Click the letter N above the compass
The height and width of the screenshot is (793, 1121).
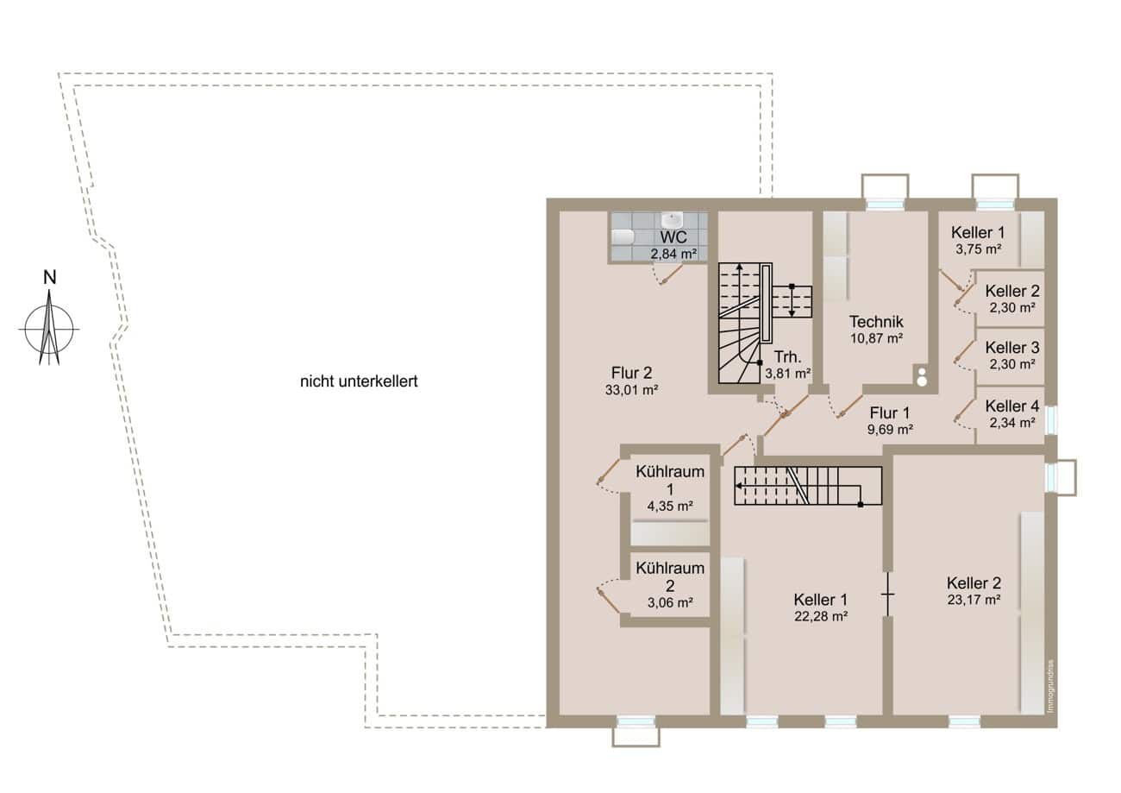click(49, 277)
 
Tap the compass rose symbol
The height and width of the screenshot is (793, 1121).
click(49, 329)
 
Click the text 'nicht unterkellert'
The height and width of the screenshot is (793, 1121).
click(359, 381)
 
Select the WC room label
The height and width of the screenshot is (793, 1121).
click(673, 236)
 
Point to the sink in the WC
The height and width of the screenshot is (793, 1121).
click(672, 219)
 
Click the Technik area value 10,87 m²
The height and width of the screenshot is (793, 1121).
click(876, 338)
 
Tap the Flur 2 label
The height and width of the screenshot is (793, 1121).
click(631, 373)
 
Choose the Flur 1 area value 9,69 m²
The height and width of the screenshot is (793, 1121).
click(890, 430)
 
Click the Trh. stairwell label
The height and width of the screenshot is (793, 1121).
click(787, 357)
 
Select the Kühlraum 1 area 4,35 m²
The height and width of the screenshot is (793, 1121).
click(670, 507)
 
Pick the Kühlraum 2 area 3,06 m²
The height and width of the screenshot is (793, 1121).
click(670, 603)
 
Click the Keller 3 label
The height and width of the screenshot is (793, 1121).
click(1012, 348)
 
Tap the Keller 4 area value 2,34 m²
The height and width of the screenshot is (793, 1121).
click(1012, 423)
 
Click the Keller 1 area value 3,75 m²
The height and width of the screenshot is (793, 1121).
click(979, 249)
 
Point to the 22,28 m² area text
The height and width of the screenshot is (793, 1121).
click(821, 616)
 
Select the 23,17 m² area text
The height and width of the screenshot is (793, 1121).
click(974, 600)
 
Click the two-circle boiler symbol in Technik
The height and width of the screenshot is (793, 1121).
click(922, 376)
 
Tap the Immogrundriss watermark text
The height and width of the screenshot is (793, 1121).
click(1051, 686)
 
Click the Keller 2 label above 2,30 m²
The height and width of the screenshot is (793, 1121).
click(1012, 291)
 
